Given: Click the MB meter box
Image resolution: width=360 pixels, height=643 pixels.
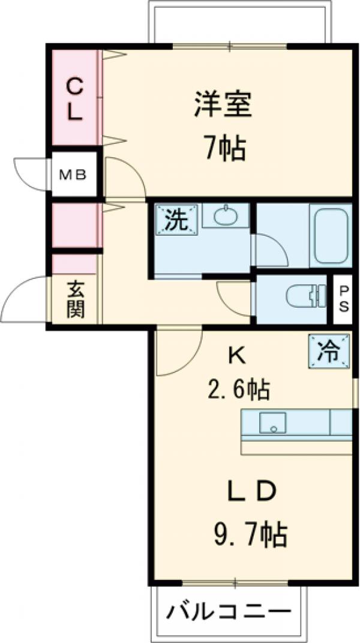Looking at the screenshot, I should [74, 175].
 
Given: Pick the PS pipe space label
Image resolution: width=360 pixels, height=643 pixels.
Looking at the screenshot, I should [344, 299].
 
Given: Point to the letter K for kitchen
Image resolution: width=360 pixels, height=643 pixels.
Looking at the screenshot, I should [236, 356].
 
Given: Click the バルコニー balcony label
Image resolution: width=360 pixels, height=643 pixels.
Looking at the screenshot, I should [231, 612].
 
